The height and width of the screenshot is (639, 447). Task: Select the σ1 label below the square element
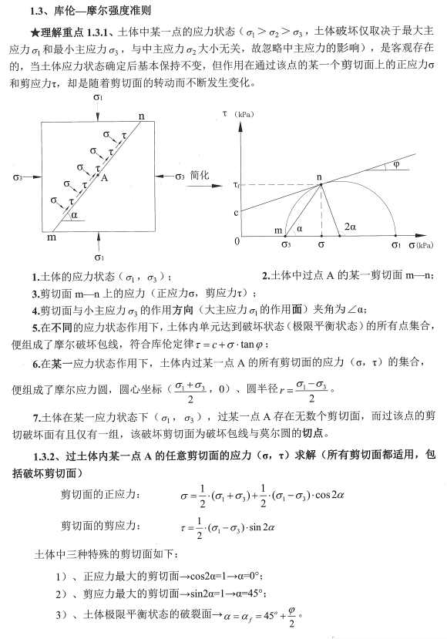point(98,257)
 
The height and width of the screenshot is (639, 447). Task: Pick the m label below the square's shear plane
point(52,238)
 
